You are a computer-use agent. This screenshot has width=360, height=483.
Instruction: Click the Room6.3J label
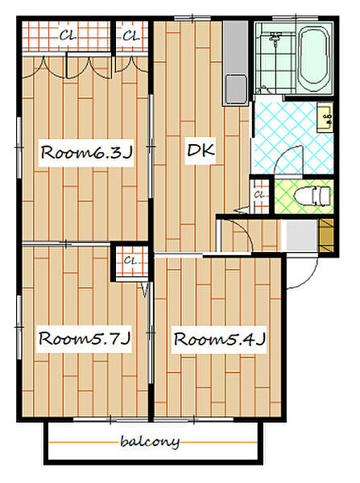87,152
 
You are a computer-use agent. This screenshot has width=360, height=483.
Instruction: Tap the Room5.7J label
85,339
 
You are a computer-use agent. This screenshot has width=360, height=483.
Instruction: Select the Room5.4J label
219,339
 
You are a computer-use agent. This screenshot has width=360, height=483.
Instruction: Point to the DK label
201,151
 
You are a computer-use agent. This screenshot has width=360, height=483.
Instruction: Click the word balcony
150,442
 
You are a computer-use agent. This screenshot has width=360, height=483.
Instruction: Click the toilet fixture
312,196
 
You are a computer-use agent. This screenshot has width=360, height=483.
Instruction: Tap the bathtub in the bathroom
314,59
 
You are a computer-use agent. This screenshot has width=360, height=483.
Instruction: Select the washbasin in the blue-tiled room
325,118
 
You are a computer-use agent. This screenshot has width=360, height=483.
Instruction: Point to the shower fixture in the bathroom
275,40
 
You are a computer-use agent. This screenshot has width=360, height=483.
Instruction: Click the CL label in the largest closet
68,35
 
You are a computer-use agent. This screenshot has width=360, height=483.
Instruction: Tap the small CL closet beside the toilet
260,195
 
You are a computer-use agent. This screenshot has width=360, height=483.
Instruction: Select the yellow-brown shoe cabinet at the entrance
327,235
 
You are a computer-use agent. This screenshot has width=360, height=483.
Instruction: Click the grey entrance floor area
301,235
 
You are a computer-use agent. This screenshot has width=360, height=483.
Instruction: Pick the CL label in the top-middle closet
131,36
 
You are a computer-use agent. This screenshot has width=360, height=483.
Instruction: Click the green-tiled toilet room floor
304,196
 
